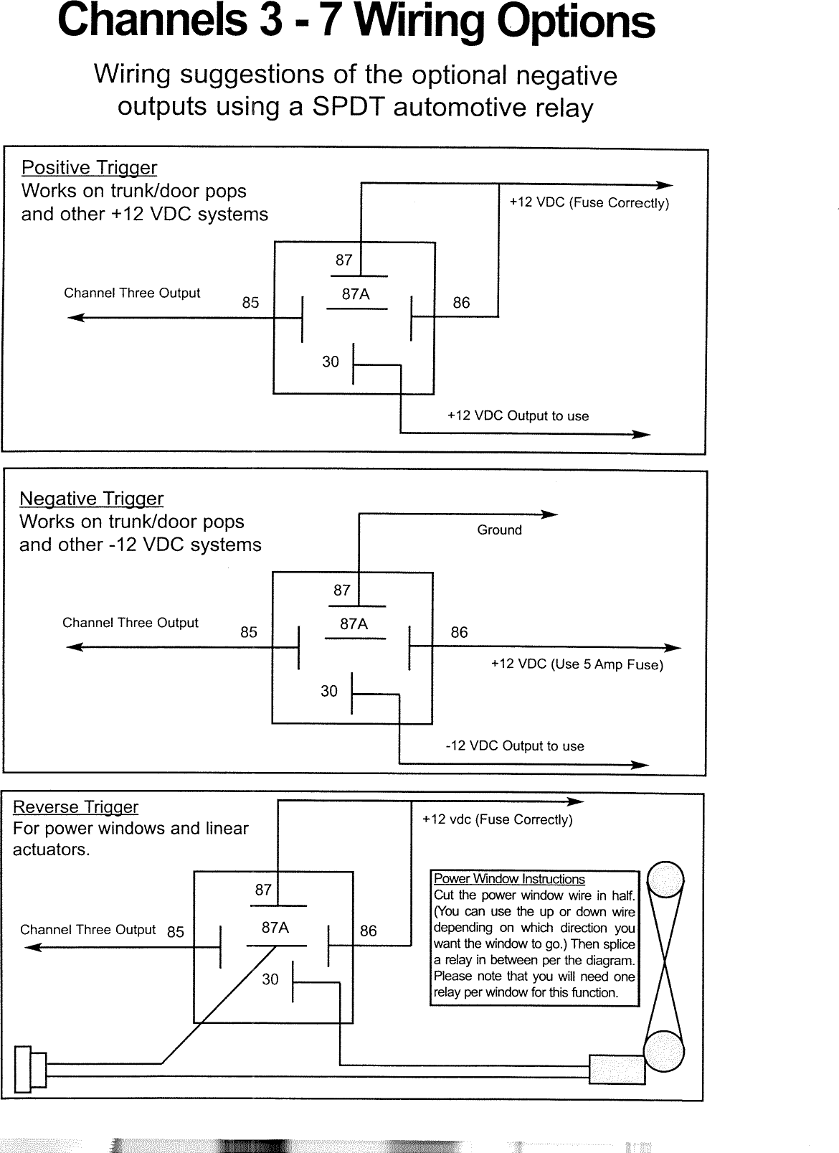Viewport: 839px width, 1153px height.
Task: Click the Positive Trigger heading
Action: (89, 168)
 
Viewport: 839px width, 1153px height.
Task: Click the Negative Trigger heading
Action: (91, 499)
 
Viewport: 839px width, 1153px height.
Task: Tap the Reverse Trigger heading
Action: (75, 807)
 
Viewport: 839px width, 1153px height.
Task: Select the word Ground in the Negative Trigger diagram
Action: (499, 530)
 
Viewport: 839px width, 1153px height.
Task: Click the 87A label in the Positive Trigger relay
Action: (356, 294)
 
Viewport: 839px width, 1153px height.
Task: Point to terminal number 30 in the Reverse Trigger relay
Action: (270, 979)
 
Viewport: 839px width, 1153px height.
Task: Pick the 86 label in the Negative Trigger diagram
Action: (459, 633)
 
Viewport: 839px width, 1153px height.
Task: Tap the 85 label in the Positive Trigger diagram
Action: (250, 303)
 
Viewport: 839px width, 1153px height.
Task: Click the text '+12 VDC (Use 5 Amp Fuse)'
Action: (577, 664)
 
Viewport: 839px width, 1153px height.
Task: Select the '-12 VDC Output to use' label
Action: (514, 746)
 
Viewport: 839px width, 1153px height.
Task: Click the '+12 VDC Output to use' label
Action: (518, 416)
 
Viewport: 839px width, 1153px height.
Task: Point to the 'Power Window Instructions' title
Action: (509, 880)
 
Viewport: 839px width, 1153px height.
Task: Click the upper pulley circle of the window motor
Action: (665, 880)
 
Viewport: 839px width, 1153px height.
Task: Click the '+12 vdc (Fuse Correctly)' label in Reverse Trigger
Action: (497, 820)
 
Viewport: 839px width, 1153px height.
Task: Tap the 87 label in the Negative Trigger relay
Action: (341, 590)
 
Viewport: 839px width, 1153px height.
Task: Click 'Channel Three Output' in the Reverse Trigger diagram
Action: (87, 930)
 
